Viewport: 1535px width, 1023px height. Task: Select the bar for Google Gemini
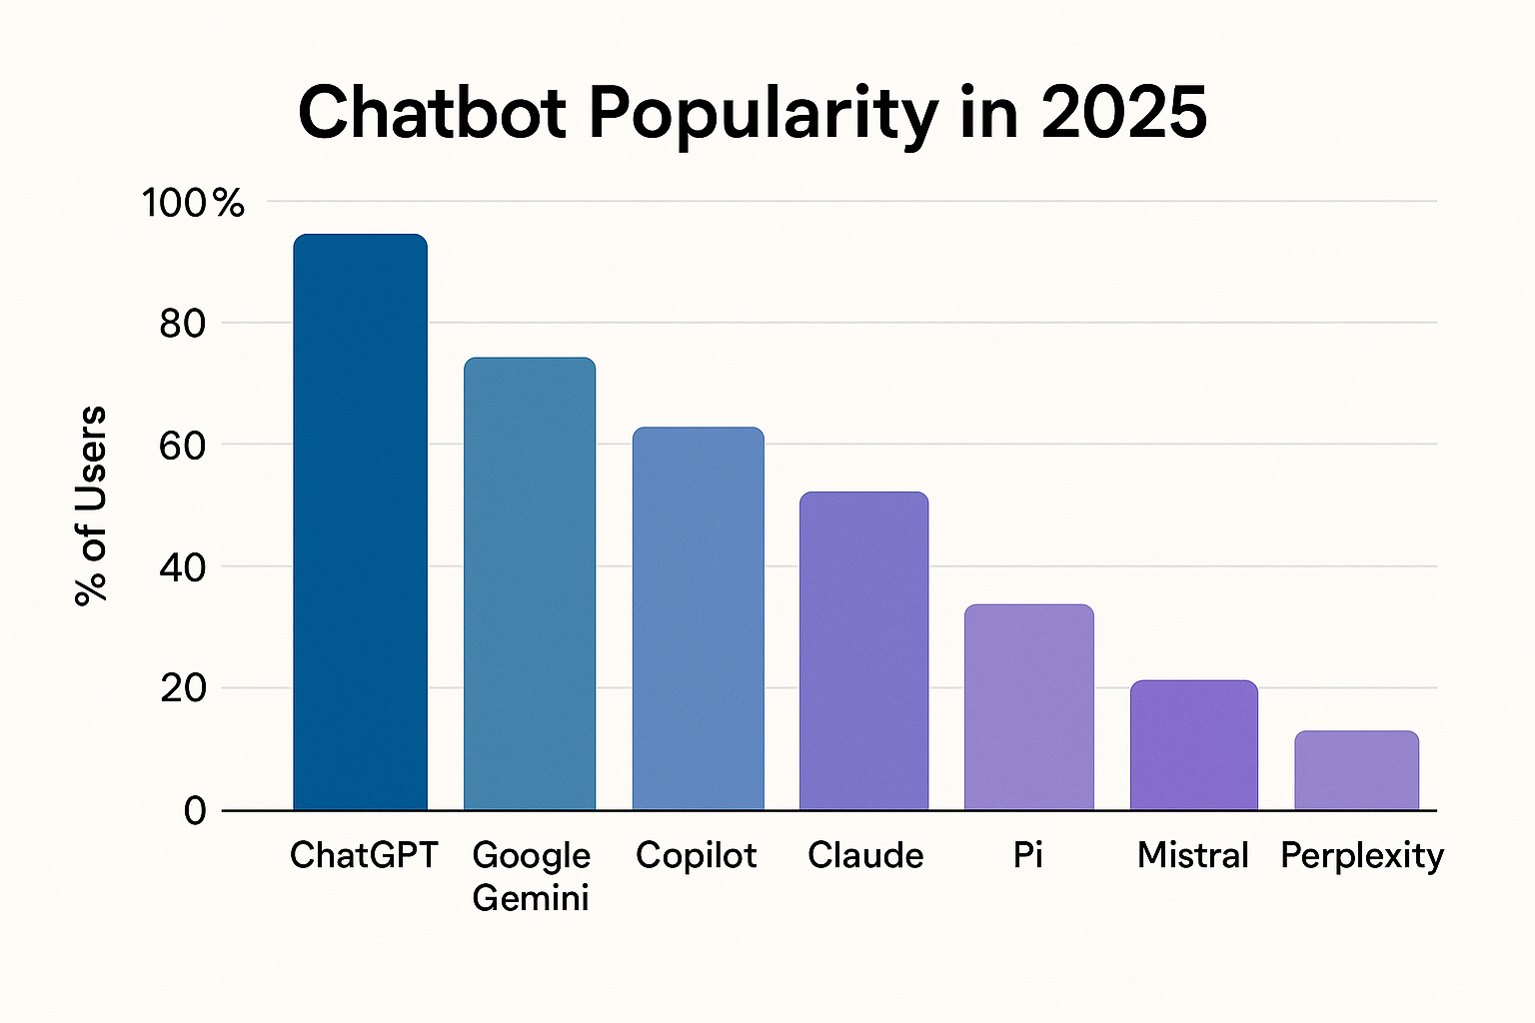[530, 583]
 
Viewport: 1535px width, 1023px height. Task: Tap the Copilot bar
[698, 618]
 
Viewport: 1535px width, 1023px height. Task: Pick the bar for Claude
[864, 650]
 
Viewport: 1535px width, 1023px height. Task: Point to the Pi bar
[1028, 707]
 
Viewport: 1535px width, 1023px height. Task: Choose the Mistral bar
[1193, 745]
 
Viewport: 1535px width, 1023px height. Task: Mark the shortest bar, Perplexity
[1356, 770]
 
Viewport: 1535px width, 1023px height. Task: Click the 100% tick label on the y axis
[193, 204]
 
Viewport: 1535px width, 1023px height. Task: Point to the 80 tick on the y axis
[182, 324]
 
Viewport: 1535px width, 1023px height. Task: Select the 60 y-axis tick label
[182, 446]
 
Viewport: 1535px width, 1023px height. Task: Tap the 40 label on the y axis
[182, 567]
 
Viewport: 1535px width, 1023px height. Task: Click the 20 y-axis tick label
[182, 689]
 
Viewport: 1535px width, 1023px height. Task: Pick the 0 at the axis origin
[195, 810]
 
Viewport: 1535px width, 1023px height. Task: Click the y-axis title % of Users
[91, 506]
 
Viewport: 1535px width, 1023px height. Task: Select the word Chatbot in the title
[432, 112]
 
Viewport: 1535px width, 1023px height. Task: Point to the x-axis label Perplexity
[1361, 856]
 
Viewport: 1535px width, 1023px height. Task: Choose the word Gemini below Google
[530, 898]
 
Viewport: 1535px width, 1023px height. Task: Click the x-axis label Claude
[865, 855]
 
